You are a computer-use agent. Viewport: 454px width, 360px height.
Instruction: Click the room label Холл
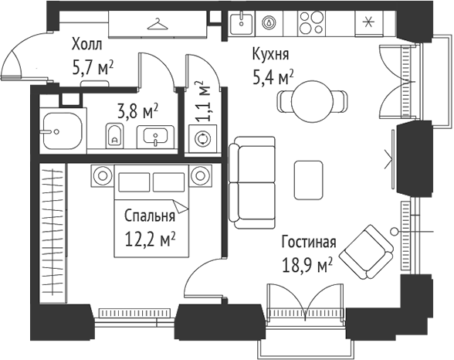(x=86, y=42)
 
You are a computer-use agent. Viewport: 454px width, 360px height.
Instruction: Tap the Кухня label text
(x=270, y=55)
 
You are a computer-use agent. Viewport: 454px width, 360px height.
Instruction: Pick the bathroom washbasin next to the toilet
(x=157, y=138)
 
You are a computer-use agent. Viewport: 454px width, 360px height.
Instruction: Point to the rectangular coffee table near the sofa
(x=311, y=179)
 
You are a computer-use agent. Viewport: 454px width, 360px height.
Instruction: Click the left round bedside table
(x=103, y=175)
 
